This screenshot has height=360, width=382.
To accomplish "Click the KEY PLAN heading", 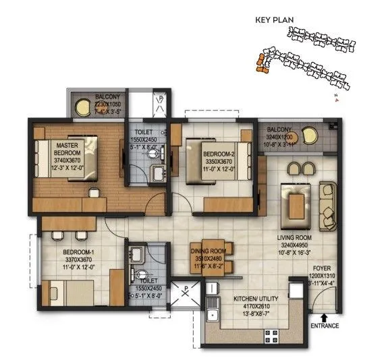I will pos(275,20).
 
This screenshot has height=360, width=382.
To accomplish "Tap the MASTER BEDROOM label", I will pos(69,149).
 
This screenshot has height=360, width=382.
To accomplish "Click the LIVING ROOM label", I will pos(295,237).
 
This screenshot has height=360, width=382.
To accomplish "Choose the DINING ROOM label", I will pos(208,251).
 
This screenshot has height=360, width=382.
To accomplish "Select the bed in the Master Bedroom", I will pos(67,159).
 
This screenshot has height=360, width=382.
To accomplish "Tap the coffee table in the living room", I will pos(296,202).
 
